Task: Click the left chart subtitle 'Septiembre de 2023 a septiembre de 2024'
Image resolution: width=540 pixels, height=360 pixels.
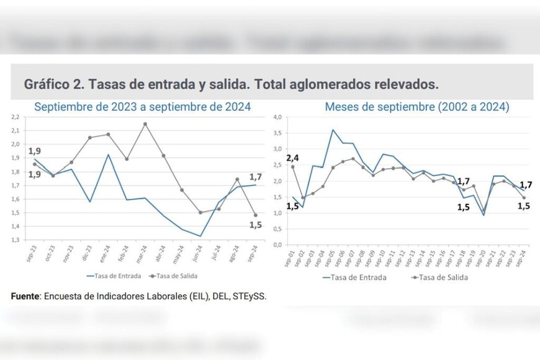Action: (142, 107)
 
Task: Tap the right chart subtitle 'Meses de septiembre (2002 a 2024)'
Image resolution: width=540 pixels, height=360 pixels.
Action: (417, 107)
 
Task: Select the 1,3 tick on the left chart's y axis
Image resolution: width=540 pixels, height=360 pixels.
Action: (16, 240)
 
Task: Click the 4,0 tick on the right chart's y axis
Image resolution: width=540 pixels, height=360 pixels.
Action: (278, 117)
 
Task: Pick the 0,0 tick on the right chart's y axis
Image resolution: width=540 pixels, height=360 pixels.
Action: (278, 245)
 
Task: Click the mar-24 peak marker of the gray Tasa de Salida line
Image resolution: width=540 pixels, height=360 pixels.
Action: (145, 124)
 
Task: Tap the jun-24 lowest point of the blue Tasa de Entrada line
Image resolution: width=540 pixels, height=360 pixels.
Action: (200, 236)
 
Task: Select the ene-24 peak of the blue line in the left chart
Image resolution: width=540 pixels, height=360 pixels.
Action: (109, 155)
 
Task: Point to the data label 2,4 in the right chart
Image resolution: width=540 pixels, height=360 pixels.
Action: (293, 158)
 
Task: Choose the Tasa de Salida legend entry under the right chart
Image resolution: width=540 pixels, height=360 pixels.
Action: (443, 277)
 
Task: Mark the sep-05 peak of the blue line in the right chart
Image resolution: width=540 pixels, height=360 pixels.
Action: (333, 130)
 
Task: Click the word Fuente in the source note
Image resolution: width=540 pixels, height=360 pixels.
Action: (25, 296)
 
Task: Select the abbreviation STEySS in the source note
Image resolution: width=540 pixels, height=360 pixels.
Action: (250, 296)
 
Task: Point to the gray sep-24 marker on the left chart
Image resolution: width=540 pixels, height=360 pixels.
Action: (255, 215)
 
